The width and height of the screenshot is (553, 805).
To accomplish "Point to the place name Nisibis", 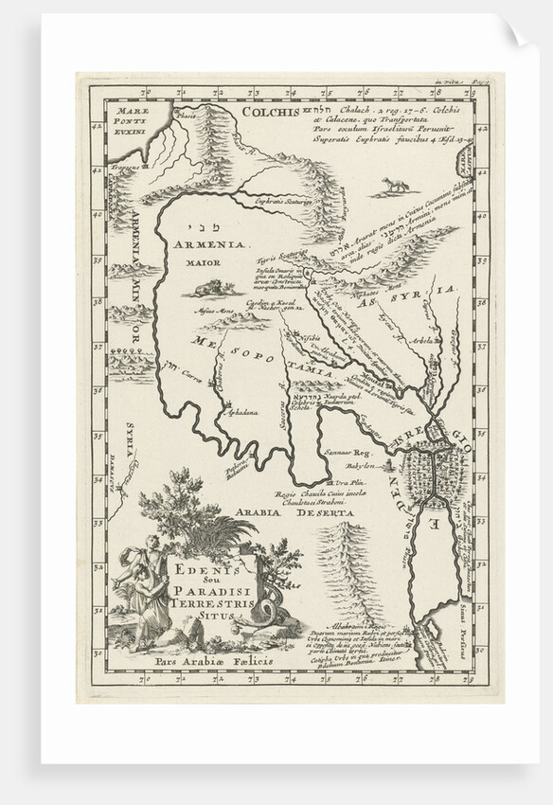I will [308, 338].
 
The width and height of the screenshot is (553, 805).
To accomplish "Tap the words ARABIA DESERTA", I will [294, 512].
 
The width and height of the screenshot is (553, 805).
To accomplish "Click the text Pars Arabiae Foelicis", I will [202, 660].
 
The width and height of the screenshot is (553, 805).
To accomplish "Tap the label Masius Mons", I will [213, 311].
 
